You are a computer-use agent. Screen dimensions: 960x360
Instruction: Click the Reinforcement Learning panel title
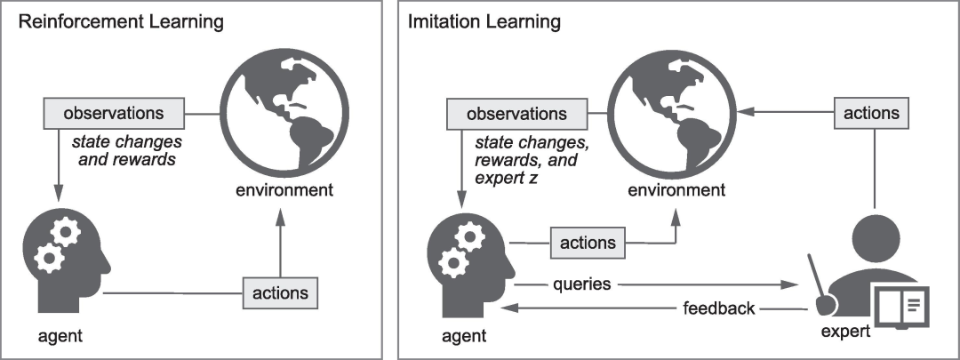pyautogui.click(x=121, y=22)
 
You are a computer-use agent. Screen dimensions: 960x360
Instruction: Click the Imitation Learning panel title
pyautogui.click(x=484, y=22)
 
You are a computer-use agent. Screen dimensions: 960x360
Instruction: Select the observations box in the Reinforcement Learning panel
pyautogui.click(x=114, y=113)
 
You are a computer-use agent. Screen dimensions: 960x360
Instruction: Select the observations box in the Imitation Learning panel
pyautogui.click(x=516, y=114)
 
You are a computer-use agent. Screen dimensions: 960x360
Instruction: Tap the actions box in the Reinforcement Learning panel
pyautogui.click(x=280, y=292)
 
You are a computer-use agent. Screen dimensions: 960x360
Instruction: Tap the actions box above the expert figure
pyautogui.click(x=871, y=113)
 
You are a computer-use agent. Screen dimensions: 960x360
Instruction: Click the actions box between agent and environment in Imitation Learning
pyautogui.click(x=588, y=243)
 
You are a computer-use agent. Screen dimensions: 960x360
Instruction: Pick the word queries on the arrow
pyautogui.click(x=581, y=284)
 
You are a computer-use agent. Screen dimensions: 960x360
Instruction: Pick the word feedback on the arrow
pyautogui.click(x=719, y=308)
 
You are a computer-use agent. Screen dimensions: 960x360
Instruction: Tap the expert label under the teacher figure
pyautogui.click(x=845, y=332)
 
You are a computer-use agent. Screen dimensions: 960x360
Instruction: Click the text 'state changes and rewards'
pyautogui.click(x=127, y=150)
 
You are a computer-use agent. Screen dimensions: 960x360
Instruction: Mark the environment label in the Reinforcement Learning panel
pyautogui.click(x=284, y=190)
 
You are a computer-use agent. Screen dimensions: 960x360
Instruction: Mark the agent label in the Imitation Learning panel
pyautogui.click(x=463, y=335)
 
